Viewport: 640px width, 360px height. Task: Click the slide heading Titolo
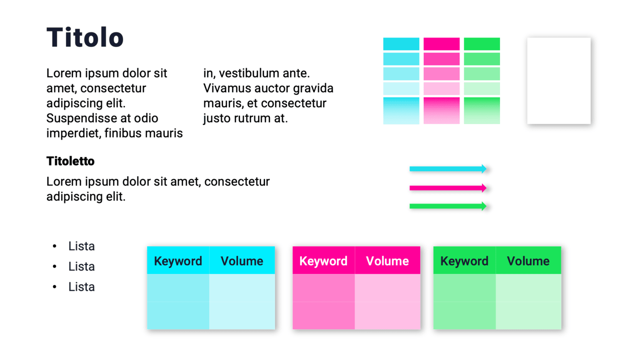(x=85, y=37)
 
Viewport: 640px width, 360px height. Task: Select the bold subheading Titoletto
(x=70, y=161)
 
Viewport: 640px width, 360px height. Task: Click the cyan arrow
(x=447, y=169)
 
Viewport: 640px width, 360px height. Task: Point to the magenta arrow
(x=447, y=188)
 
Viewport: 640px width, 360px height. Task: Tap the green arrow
(x=447, y=206)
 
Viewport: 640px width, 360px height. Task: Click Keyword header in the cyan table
(x=178, y=261)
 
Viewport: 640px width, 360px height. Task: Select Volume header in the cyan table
(x=242, y=261)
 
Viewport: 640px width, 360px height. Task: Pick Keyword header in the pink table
(x=323, y=261)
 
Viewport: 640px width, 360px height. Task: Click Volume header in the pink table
(x=387, y=261)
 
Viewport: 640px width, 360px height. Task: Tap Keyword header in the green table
(x=464, y=261)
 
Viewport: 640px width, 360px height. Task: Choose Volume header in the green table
(x=528, y=261)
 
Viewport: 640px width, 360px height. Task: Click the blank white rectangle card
(x=558, y=81)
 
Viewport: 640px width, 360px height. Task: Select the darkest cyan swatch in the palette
(x=401, y=44)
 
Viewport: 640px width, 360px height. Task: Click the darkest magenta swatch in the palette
(x=441, y=44)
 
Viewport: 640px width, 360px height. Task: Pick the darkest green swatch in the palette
(x=482, y=44)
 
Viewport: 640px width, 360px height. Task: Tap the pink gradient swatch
(x=441, y=110)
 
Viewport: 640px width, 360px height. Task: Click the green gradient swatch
(x=482, y=110)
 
